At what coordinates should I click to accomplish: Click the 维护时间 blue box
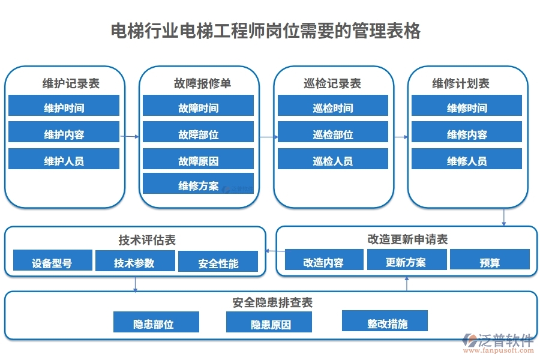[x=64, y=108]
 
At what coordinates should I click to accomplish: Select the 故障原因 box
[x=198, y=161]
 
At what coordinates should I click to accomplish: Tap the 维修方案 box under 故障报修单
[x=198, y=185]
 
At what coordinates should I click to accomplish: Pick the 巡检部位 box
[x=332, y=134]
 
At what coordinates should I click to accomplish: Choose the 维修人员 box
[x=466, y=161]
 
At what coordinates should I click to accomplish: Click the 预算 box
[x=490, y=262]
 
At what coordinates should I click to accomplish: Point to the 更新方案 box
[x=407, y=262]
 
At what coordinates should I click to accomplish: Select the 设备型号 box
[x=53, y=262]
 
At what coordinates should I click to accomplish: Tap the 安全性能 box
[x=218, y=263]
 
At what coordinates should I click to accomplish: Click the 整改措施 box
[x=385, y=323]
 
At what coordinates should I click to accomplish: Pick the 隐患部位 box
[x=156, y=324]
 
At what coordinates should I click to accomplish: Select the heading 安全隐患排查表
[x=272, y=302]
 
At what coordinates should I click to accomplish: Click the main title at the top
[x=266, y=31]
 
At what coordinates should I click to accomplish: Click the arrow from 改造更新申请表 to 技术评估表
[x=271, y=251]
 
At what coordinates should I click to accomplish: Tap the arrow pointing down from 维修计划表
[x=504, y=217]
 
